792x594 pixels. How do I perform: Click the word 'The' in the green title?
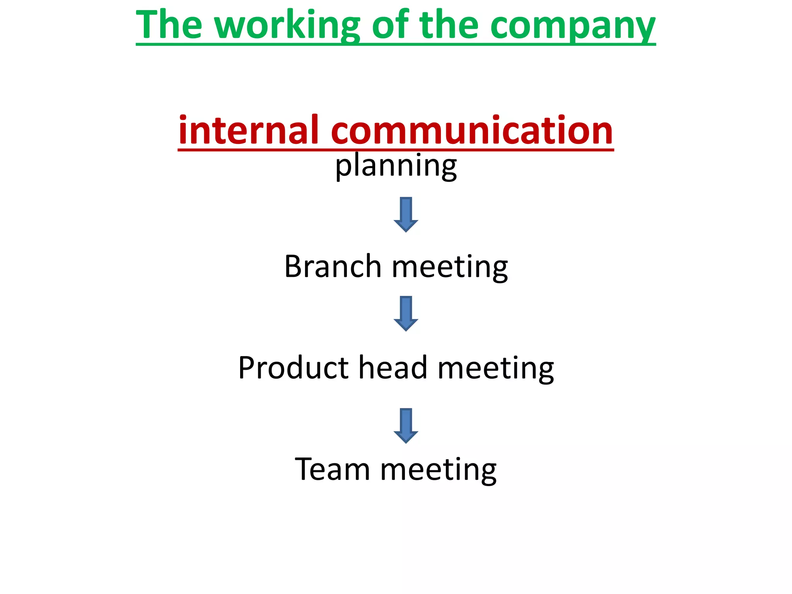click(169, 25)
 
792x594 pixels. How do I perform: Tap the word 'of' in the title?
click(390, 25)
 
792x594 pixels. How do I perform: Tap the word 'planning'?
click(396, 166)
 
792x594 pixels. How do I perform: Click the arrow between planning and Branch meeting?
click(406, 215)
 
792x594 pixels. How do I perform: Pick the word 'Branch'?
click(333, 266)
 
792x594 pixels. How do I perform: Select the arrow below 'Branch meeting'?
click(406, 314)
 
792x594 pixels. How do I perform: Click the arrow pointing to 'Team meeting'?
click(406, 425)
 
